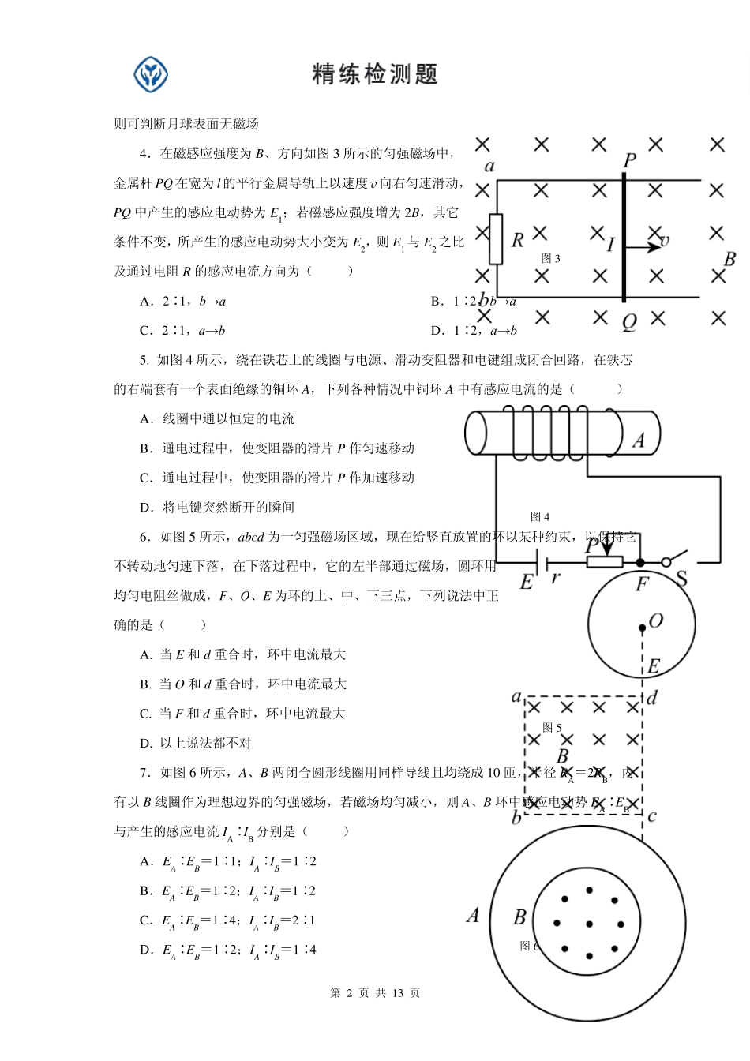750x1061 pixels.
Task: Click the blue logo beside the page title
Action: click(150, 74)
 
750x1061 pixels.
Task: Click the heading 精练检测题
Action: click(375, 74)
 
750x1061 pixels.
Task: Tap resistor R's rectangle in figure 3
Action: click(496, 238)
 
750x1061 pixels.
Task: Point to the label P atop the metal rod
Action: click(629, 160)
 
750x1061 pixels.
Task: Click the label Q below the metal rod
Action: click(629, 322)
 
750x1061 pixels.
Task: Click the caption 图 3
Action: click(550, 258)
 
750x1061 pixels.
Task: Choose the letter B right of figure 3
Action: click(729, 259)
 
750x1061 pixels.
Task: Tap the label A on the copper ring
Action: click(639, 441)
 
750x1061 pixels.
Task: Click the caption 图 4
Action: click(540, 516)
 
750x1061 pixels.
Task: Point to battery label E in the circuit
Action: click(527, 583)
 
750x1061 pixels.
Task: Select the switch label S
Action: click(682, 579)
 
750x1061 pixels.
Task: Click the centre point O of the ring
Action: click(643, 628)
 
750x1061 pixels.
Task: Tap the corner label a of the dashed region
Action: click(516, 697)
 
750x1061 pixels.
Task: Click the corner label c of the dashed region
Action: click(651, 816)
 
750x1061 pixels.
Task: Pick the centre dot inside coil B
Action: click(589, 924)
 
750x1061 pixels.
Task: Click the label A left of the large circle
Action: click(473, 916)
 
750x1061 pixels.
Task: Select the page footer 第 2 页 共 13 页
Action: click(375, 993)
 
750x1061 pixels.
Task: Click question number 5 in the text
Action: click(144, 360)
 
